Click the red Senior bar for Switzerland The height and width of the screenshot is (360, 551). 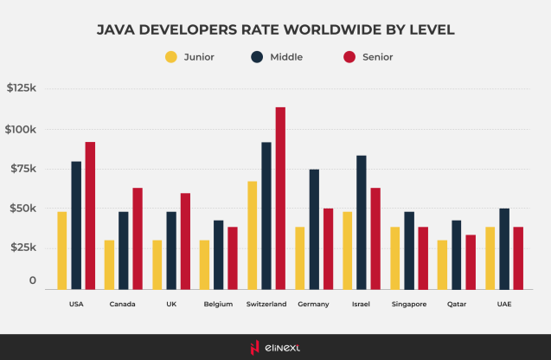(280, 198)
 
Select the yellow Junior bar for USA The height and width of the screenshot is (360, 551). (62, 250)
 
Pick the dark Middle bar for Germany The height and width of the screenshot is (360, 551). (314, 228)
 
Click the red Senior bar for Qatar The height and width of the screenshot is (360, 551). (471, 261)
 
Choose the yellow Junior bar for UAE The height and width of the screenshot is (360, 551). (490, 257)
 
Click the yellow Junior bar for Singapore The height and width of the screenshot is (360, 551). (395, 257)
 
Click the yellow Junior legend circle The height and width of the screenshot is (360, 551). (170, 58)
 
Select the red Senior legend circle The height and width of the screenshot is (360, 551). (349, 58)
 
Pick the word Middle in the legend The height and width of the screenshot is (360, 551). (285, 58)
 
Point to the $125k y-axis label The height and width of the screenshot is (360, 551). (22, 88)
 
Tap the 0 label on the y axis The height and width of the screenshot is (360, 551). (32, 281)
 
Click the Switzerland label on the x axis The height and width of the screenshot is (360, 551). (266, 305)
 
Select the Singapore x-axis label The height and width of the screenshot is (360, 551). (409, 305)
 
